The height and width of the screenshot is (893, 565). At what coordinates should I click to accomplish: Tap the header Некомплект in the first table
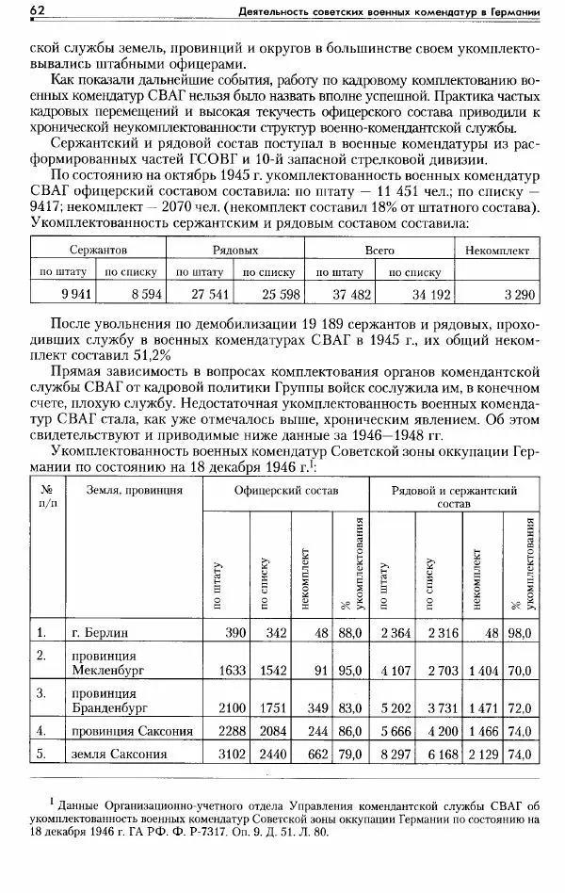pos(496,251)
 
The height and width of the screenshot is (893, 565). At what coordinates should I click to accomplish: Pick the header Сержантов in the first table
pos(98,251)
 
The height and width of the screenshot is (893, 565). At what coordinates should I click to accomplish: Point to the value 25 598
pos(276,295)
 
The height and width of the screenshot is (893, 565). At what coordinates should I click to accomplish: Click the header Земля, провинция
pos(121,491)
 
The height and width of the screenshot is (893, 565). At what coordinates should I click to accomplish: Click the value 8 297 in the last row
pos(395,754)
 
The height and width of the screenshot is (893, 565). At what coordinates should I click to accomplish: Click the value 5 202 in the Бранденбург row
pos(395,706)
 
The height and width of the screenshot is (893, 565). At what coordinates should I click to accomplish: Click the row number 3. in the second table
pos(41,692)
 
